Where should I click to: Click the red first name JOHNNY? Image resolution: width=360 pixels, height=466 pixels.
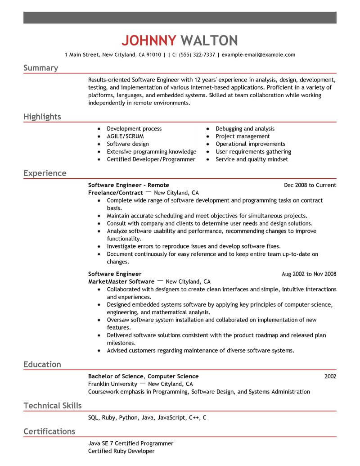tap(148, 41)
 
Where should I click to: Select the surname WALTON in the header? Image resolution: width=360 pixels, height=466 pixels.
tap(209, 41)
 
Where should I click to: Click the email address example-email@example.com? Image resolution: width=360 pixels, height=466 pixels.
tap(259, 55)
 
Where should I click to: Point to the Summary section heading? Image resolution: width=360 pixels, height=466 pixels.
tap(40, 68)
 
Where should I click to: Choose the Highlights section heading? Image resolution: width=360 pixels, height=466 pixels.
tap(42, 117)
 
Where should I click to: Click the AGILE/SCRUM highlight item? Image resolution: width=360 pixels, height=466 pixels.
tap(125, 136)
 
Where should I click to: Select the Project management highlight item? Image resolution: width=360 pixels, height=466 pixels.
tap(243, 136)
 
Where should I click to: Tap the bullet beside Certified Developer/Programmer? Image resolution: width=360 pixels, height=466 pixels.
tap(99, 159)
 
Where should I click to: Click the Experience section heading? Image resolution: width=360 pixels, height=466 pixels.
tap(45, 173)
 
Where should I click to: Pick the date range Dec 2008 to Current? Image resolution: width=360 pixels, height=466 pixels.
tap(310, 185)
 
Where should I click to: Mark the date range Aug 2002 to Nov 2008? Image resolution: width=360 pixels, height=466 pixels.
tap(309, 274)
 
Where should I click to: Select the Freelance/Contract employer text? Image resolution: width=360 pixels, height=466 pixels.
tap(115, 193)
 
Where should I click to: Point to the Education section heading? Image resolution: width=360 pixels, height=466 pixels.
tap(42, 365)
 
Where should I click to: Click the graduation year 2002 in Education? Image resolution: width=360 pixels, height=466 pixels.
tap(330, 376)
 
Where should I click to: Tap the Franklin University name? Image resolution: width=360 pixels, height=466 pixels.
tap(112, 384)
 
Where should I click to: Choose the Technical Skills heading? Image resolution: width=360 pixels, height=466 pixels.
tap(53, 406)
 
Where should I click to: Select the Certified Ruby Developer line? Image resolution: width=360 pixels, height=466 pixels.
tap(121, 451)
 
